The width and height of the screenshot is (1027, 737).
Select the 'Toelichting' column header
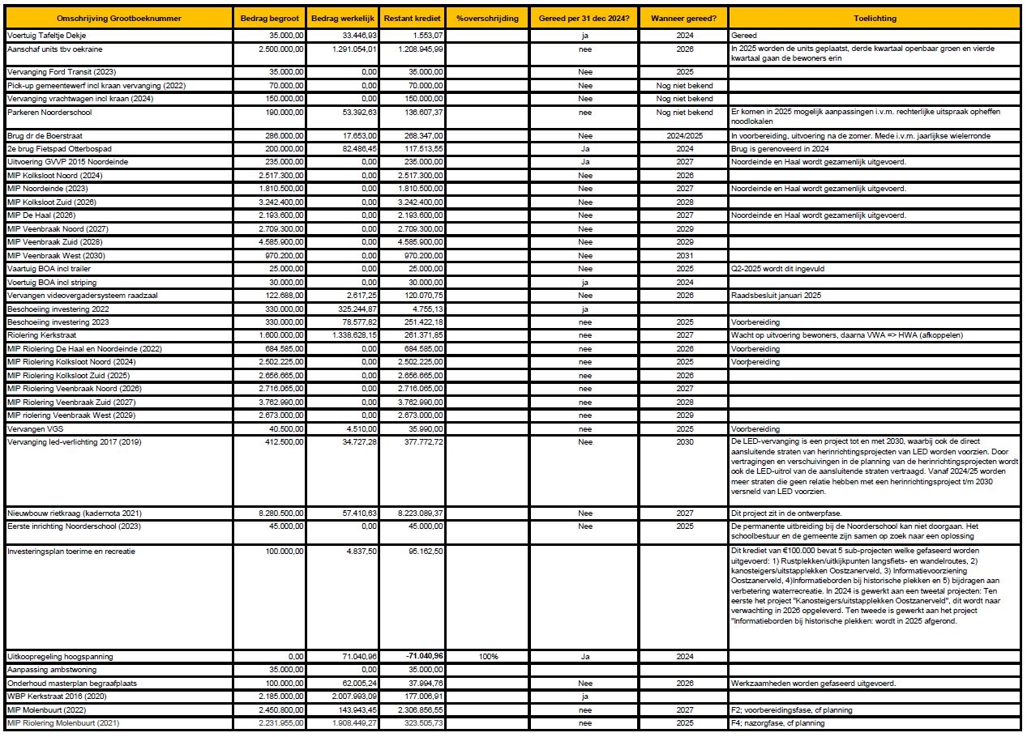coord(875,18)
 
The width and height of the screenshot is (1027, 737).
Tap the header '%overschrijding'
coord(486,18)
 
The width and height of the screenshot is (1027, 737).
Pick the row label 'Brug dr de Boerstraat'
coord(44,135)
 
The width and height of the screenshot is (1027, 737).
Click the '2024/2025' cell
coord(684,135)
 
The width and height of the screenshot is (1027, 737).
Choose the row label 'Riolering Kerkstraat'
coord(43,335)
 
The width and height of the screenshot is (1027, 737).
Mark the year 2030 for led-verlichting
coord(684,441)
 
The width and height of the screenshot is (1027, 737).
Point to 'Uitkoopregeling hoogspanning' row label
coord(60,656)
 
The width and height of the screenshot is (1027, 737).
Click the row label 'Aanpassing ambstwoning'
coord(51,670)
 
